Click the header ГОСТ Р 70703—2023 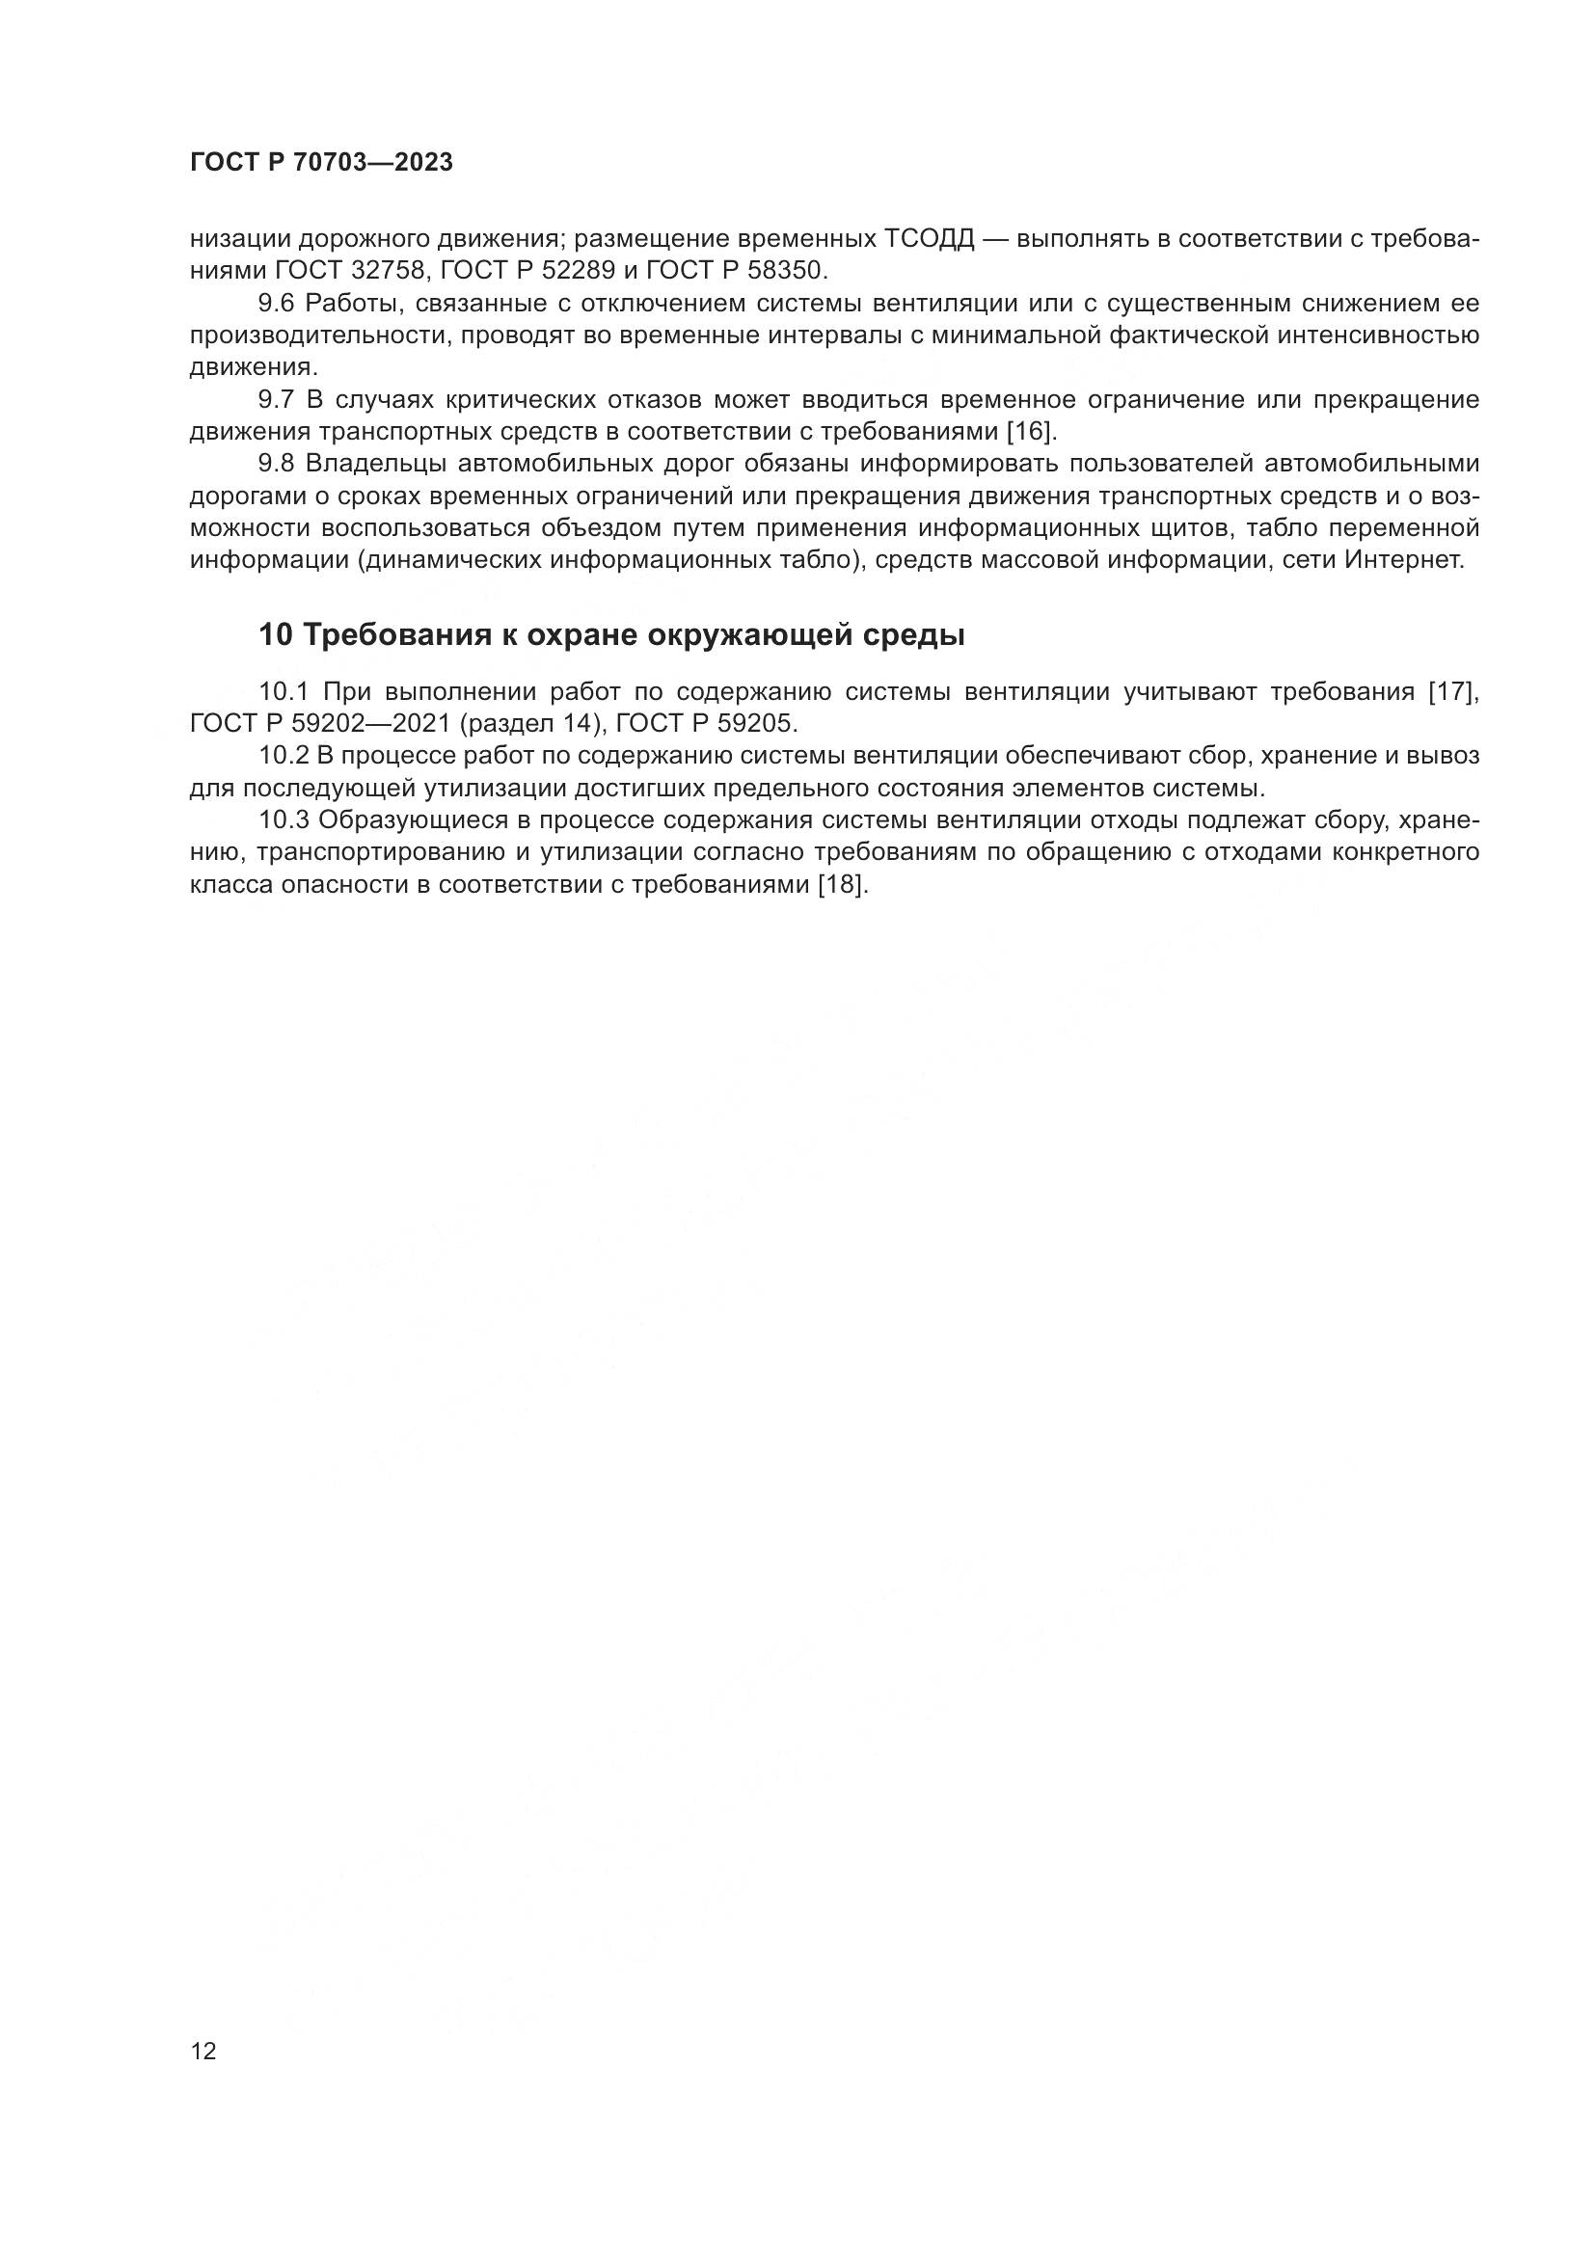(x=321, y=163)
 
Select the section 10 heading (x=610, y=635)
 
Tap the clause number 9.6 (x=276, y=303)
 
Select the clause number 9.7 (x=276, y=400)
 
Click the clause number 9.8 (x=276, y=464)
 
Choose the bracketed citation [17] (x=1451, y=691)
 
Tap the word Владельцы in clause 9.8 (x=374, y=464)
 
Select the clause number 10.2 (x=283, y=755)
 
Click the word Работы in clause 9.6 (x=351, y=303)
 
